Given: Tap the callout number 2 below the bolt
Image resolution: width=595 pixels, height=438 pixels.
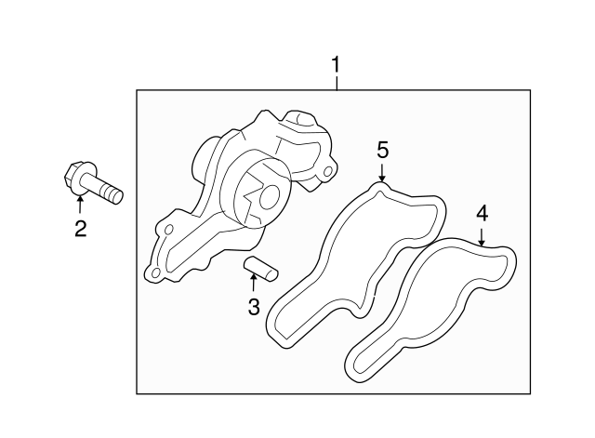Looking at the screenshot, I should [x=81, y=228].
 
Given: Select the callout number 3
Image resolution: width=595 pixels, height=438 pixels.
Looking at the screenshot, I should [x=254, y=307].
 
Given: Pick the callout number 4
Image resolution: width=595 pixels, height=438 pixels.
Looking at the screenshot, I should [x=482, y=213].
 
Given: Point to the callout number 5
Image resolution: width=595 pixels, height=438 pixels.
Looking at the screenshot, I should [x=382, y=150].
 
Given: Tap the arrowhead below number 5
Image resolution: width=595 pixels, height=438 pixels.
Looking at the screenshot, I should [x=382, y=176].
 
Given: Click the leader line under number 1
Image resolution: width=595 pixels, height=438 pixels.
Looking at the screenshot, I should [x=337, y=83].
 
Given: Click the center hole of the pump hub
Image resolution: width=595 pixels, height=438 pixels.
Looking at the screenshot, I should [x=267, y=197].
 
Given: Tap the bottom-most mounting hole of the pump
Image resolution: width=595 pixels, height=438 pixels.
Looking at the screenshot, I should [x=154, y=272].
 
